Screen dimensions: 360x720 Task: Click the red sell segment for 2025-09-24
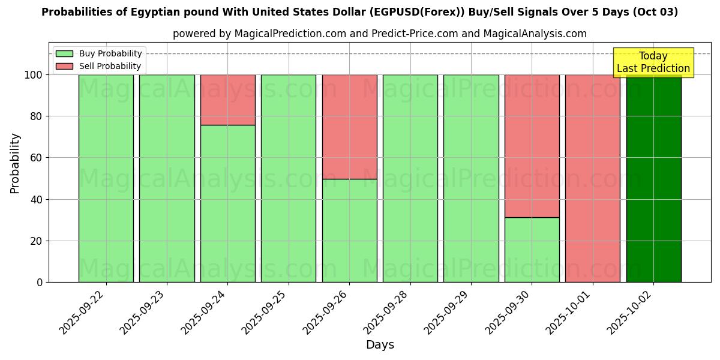tap(227, 100)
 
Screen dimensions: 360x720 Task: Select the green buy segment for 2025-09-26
tap(349, 230)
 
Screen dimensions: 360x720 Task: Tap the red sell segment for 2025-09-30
tap(532, 146)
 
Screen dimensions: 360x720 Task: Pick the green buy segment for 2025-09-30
tap(532, 250)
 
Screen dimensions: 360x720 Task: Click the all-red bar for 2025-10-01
tap(592, 178)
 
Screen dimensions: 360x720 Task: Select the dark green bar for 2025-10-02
tap(653, 178)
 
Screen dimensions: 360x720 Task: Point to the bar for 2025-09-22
tap(106, 178)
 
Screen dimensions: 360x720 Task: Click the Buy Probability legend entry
tap(110, 54)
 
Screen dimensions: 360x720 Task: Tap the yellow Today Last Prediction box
tap(653, 62)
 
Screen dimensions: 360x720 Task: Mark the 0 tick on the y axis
tap(40, 283)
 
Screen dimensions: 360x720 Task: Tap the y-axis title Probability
tap(15, 163)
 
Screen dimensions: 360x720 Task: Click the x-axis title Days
tap(380, 345)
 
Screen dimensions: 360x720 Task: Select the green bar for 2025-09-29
tap(471, 178)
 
